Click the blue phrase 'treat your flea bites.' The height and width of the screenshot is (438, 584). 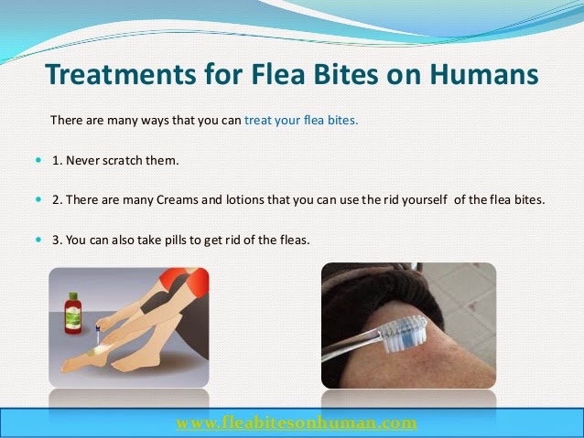point(302,120)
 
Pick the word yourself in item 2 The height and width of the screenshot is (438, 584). point(418,198)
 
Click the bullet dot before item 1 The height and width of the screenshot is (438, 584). point(38,160)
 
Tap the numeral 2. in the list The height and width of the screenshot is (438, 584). point(58,198)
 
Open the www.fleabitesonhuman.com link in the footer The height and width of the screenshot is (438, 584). point(297,423)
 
